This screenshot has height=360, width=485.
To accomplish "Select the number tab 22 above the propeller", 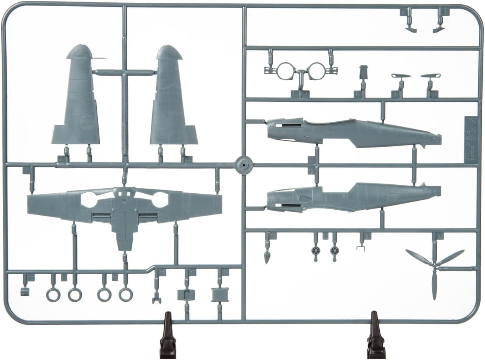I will click(x=440, y=236).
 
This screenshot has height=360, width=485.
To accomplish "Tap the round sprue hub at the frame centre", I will click(x=243, y=165).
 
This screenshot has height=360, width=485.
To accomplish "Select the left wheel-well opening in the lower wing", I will click(x=90, y=200).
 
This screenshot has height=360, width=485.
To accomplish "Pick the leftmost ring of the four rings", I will click(x=53, y=294).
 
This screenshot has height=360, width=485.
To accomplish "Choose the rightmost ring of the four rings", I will click(x=126, y=294).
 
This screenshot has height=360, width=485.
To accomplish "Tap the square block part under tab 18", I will click(x=220, y=294).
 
